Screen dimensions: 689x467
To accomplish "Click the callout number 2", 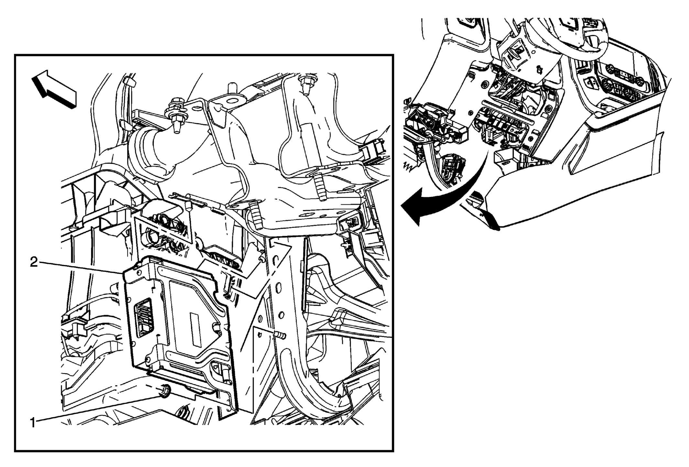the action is pos(34,262).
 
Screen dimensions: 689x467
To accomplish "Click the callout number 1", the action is pos(33,423).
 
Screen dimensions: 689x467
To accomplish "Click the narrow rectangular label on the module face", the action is pos(195,329).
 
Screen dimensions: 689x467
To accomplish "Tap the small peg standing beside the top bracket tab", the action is pos(231,88).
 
